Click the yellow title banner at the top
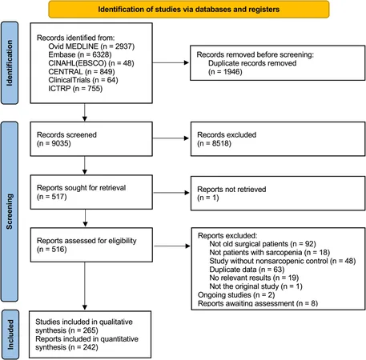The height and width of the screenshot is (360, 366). [x=189, y=10]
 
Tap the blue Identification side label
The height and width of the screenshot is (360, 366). [x=10, y=63]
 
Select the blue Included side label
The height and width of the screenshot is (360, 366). [x=10, y=334]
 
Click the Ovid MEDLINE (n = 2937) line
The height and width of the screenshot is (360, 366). [x=91, y=46]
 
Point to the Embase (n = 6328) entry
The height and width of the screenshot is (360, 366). [x=80, y=54]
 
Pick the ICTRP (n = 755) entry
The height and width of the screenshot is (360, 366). [x=75, y=88]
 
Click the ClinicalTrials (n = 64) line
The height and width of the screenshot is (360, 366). [x=83, y=80]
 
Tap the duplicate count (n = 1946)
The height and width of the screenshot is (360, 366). [x=225, y=72]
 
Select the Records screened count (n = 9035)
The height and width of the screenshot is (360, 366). [x=54, y=143]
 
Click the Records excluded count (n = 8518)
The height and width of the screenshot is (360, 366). [x=214, y=143]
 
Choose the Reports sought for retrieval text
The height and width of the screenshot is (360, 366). [x=81, y=188]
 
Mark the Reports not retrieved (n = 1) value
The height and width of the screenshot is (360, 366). [x=208, y=198]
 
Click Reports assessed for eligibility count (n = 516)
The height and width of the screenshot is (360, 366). [x=51, y=250]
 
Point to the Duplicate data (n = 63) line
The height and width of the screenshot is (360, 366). [x=247, y=270]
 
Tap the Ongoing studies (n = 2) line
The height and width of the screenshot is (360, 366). [x=236, y=295]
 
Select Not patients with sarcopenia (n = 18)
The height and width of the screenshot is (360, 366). [x=270, y=252]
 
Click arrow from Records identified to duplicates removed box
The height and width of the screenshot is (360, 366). [x=171, y=62]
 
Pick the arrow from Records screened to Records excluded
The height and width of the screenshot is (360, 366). [x=171, y=138]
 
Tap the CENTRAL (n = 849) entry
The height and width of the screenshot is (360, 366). [x=82, y=71]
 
